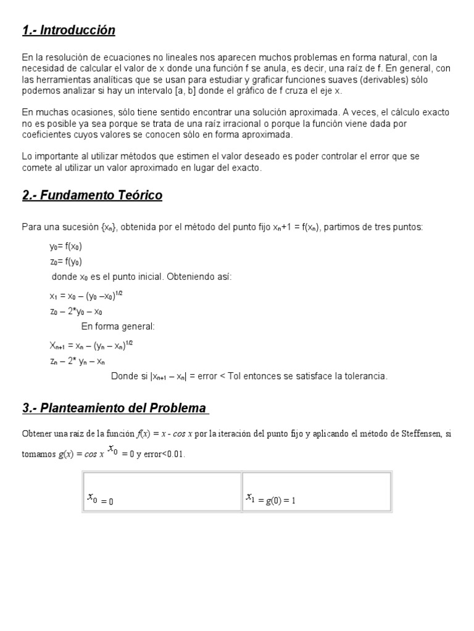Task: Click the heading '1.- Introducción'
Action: click(69, 30)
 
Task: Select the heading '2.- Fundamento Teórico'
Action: click(92, 195)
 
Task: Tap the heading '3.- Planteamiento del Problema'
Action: click(115, 408)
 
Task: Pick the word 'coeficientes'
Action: click(44, 135)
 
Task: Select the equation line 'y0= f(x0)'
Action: click(65, 246)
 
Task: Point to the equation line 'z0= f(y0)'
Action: click(65, 261)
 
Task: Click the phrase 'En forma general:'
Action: click(118, 327)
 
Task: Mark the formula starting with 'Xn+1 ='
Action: click(91, 345)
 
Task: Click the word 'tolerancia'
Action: click(366, 376)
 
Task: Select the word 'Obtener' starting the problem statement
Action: click(36, 434)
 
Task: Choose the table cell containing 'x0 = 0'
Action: click(162, 492)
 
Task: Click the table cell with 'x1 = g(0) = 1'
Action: click(317, 492)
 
